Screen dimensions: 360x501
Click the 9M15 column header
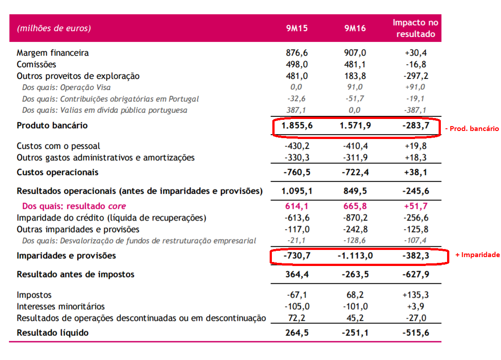(x=297, y=29)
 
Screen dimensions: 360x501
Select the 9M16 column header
(x=355, y=29)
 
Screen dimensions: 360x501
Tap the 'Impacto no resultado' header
(x=415, y=28)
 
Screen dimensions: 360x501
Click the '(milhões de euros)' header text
(x=53, y=29)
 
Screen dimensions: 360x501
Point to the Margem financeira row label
(x=53, y=53)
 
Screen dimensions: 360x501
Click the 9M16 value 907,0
(x=355, y=53)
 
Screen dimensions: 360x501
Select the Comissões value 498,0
(x=297, y=65)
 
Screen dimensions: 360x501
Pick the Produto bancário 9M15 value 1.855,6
(x=297, y=126)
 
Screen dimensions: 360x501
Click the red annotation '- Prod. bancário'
(x=472, y=129)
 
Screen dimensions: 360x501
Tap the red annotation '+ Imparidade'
(x=477, y=255)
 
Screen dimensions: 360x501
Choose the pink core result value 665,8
(x=355, y=206)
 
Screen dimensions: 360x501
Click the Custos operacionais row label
(x=57, y=172)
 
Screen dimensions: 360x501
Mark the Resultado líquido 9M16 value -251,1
(x=355, y=333)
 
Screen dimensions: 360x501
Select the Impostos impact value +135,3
(x=415, y=295)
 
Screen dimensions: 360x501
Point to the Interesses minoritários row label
(x=61, y=307)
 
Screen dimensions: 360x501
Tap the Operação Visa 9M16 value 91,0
(x=355, y=87)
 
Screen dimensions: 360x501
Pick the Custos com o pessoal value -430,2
(x=297, y=146)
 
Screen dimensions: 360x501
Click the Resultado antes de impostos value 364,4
(x=297, y=274)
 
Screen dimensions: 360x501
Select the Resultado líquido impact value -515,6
(x=415, y=333)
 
